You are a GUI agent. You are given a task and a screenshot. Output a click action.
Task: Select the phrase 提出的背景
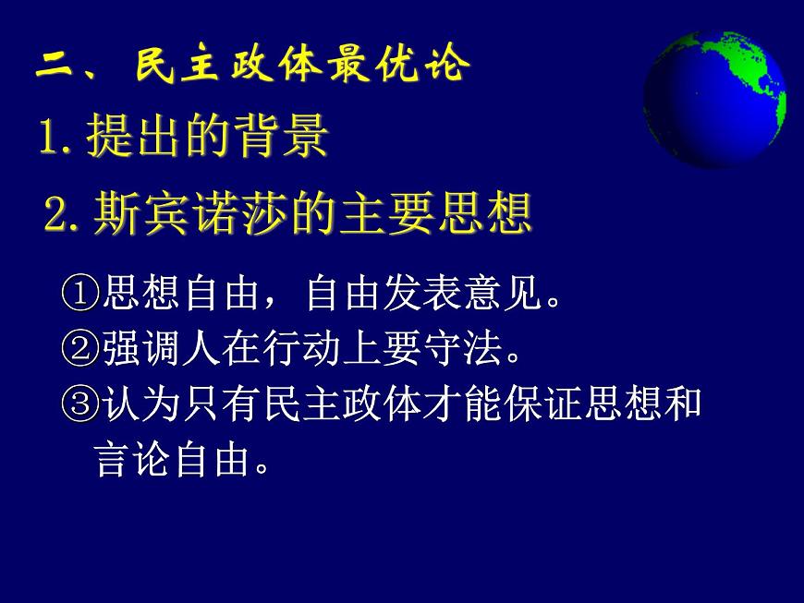(208, 139)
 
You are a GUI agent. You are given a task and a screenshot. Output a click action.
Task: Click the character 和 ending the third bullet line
(683, 404)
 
